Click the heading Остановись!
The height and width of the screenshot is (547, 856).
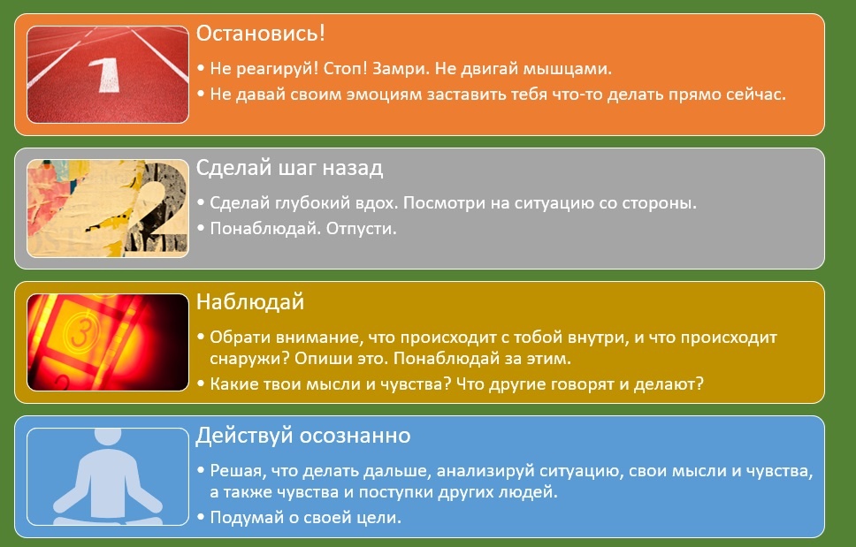point(260,34)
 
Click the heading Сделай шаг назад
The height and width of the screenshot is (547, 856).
point(289,168)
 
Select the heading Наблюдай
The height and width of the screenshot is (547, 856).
point(250,302)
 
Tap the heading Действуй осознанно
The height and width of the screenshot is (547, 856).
point(303,436)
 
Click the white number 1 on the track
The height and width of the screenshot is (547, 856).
point(106,75)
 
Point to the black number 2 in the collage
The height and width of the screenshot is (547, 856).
point(158,210)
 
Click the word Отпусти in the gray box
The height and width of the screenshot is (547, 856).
point(361,229)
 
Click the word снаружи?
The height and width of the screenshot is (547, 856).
point(249,359)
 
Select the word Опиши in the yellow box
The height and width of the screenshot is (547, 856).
point(317,359)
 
